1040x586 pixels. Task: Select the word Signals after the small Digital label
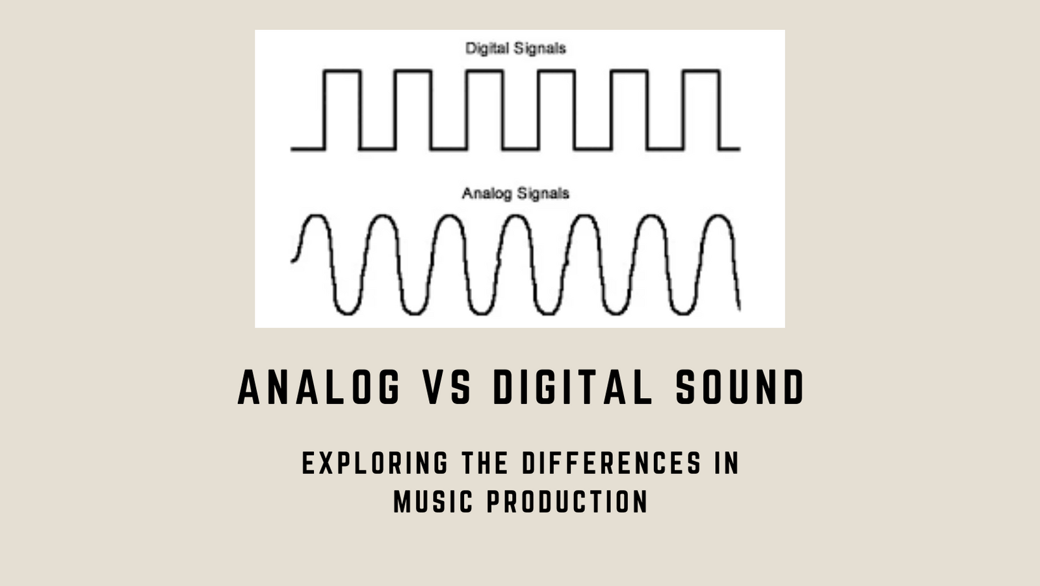(539, 49)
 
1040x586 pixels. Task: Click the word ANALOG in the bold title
(319, 388)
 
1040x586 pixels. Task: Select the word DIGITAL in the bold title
(573, 388)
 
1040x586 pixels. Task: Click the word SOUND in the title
(740, 388)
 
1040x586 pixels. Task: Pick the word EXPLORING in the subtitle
(375, 463)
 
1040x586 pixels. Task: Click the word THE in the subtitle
(485, 463)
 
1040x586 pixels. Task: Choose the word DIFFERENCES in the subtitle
(612, 463)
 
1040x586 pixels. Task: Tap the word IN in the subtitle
(727, 463)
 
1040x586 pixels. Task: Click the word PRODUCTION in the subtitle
(567, 501)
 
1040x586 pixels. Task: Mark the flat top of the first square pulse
(342, 70)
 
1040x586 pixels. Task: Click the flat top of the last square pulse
(701, 70)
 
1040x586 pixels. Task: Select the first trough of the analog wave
(346, 313)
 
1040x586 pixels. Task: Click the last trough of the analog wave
(682, 313)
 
